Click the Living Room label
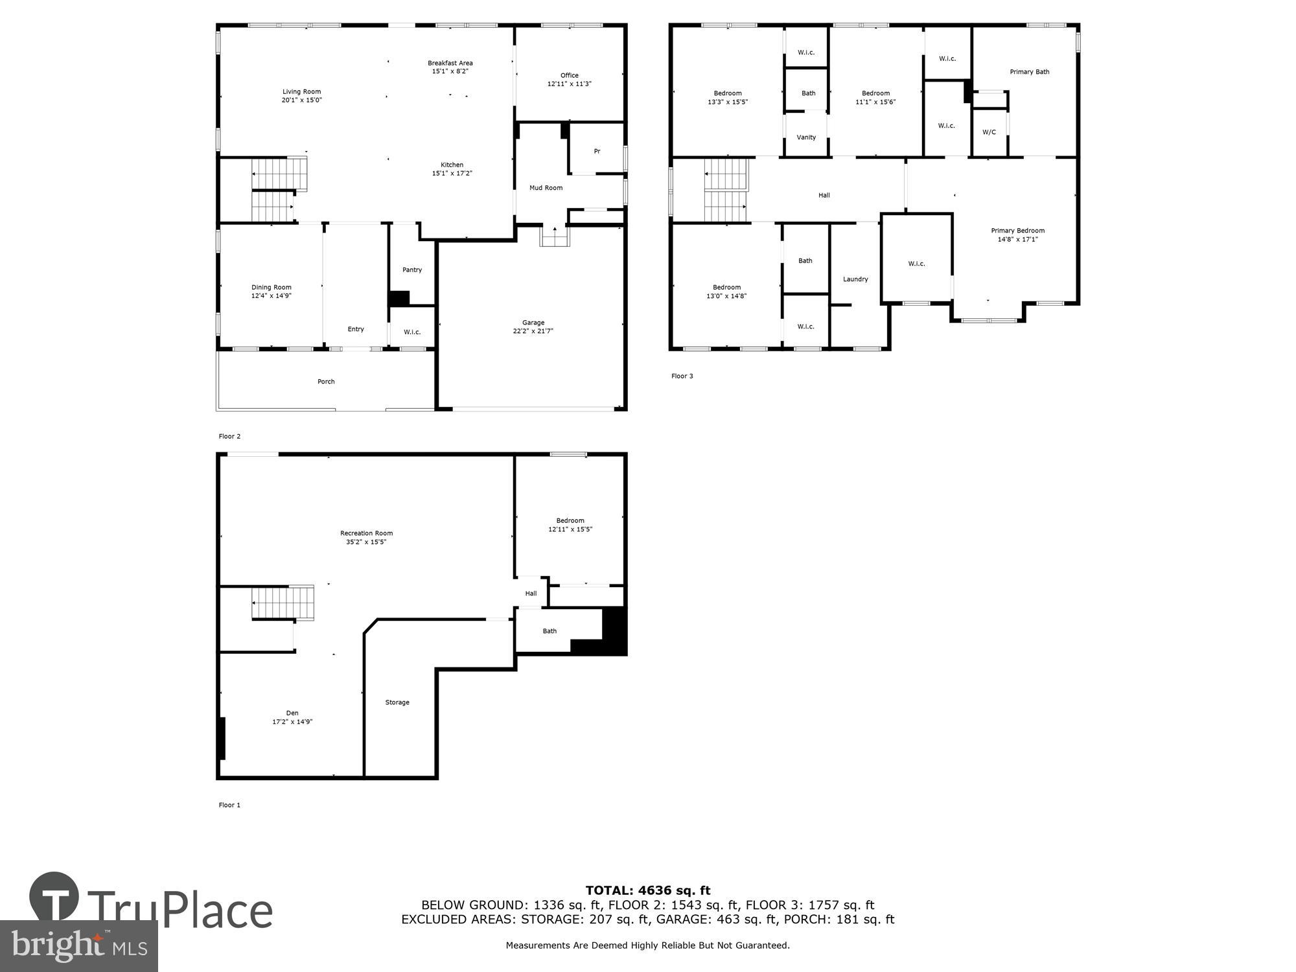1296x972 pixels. point(301,92)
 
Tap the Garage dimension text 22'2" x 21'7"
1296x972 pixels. point(533,331)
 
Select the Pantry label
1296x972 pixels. point(412,270)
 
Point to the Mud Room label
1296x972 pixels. point(546,188)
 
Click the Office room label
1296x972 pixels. point(570,76)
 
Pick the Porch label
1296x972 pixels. point(326,382)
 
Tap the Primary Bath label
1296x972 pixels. point(1029,72)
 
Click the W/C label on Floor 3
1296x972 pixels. point(989,132)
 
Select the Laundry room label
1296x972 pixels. point(855,279)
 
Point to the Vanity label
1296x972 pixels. point(806,137)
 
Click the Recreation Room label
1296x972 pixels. point(366,533)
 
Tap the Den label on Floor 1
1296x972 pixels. point(292,713)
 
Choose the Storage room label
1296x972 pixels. point(397,702)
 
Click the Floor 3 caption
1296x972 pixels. point(682,376)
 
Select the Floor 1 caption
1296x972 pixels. point(229,805)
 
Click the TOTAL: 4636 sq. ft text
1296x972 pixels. point(648,890)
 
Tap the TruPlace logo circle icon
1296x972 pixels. point(54,897)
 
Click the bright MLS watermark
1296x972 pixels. point(79,946)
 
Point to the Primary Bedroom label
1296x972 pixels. point(1017,231)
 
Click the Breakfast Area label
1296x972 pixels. point(450,64)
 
